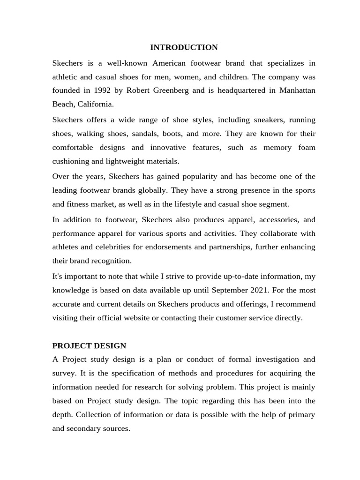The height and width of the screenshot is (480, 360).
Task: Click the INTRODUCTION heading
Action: tap(184, 47)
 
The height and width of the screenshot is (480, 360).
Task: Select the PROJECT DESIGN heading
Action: tap(89, 345)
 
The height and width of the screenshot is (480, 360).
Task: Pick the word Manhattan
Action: tap(297, 90)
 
